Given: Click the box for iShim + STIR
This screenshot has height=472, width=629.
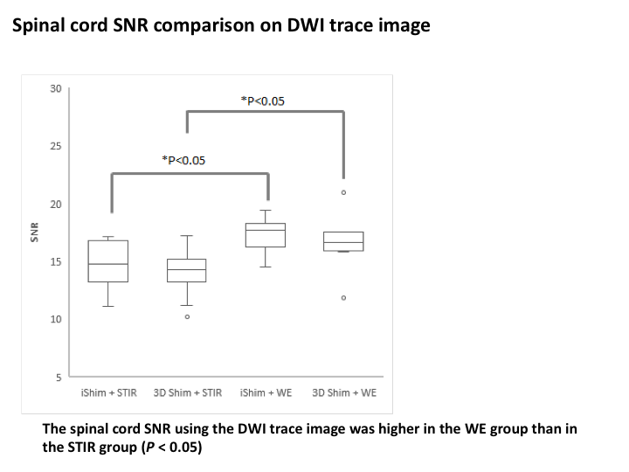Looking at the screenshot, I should (x=108, y=260).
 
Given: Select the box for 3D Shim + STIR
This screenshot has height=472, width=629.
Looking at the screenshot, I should (x=187, y=270).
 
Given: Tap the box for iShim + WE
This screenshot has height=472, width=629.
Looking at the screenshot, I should (x=266, y=235).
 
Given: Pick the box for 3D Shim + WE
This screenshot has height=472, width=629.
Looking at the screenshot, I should (x=343, y=241).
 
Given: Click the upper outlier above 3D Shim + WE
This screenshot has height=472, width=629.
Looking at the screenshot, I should (x=343, y=192).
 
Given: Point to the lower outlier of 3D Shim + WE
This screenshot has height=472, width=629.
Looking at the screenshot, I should (x=343, y=298).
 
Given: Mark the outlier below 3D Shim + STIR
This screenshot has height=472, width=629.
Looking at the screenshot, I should (x=187, y=316).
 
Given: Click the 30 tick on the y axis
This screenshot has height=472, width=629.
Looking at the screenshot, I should (x=56, y=89).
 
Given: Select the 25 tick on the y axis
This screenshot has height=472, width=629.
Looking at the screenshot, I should (x=56, y=147).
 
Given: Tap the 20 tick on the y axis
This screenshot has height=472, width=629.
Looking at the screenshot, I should (x=56, y=205).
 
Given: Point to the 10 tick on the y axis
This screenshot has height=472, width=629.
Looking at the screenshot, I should (x=56, y=320).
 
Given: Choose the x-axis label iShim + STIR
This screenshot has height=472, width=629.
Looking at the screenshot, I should (x=108, y=392).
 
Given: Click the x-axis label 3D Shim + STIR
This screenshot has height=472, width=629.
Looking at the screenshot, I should (x=187, y=392).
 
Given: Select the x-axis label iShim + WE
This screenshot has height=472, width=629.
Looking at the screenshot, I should (x=266, y=392).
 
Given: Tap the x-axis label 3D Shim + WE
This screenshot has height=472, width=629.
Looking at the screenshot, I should (x=344, y=392).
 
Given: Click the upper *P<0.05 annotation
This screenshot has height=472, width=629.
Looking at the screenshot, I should (x=262, y=101).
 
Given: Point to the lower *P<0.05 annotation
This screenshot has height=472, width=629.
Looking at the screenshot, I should (x=184, y=160).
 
